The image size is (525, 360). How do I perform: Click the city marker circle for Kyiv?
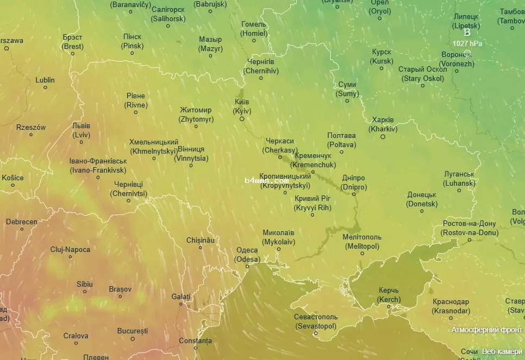tap(242, 119)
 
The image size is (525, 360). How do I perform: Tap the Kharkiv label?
tap(383, 124)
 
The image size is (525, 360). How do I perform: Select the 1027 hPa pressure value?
tap(467, 43)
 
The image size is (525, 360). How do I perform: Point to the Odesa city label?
tap(247, 255)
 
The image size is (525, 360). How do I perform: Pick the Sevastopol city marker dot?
tap(316, 334)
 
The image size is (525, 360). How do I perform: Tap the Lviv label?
tap(81, 130)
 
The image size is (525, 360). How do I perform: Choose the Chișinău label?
tap(201, 239)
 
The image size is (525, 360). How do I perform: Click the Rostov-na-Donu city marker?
tap(470, 239)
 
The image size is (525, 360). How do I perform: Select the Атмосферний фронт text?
tap(487, 330)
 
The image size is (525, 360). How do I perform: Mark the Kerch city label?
tap(389, 295)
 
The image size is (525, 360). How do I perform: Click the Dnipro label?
tap(354, 182)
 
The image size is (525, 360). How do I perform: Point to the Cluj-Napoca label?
tap(70, 249)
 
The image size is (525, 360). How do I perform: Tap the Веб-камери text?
tap(502, 351)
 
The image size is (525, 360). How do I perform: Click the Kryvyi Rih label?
tap(312, 203)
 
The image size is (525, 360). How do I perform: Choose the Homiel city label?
tap(254, 29)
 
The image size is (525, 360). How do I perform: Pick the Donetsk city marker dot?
tap(422, 211)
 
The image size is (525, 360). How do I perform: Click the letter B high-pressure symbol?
tap(467, 33)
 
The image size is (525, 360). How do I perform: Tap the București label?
tap(133, 330)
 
